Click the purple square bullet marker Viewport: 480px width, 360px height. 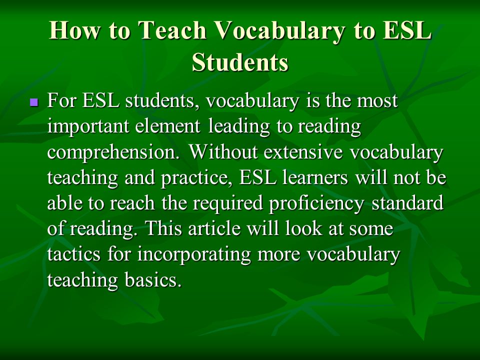[34, 102]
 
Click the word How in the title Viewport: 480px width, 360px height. [74, 30]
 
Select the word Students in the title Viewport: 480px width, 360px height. [240, 62]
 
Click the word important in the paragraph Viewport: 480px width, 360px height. [88, 127]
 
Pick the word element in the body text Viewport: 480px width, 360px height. [168, 126]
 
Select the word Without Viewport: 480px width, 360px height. [223, 151]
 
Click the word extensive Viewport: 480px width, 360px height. [303, 151]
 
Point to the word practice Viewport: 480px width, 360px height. [196, 178]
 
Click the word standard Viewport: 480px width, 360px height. [407, 203]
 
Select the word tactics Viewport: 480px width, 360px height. [74, 254]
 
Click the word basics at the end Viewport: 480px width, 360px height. [153, 280]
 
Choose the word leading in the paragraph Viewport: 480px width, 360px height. [239, 127]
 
